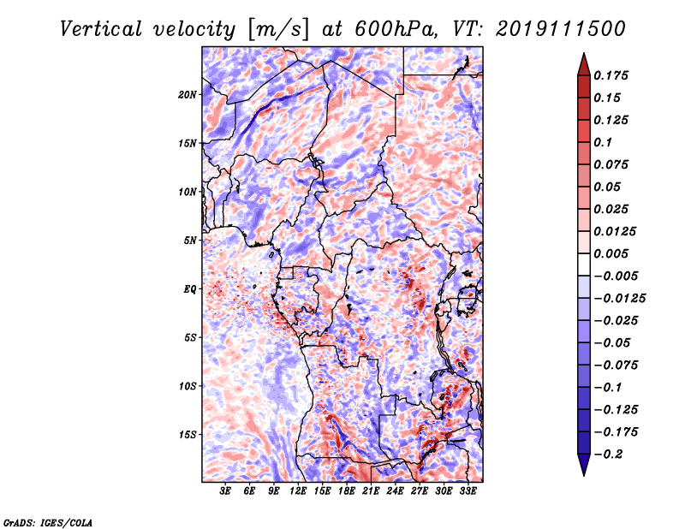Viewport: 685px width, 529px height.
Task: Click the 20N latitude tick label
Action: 188,94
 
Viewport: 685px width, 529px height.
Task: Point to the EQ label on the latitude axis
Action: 190,288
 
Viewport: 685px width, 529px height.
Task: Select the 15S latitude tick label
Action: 188,434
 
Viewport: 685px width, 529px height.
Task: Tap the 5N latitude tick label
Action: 190,240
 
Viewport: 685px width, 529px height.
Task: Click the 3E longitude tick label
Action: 225,491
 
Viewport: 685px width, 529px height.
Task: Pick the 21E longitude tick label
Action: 371,491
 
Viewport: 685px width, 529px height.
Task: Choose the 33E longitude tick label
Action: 468,491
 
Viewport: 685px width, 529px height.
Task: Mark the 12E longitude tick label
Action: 298,491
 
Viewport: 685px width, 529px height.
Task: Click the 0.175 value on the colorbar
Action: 613,75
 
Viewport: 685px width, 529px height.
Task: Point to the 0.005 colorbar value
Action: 613,253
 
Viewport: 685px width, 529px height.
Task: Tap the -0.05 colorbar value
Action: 613,342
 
